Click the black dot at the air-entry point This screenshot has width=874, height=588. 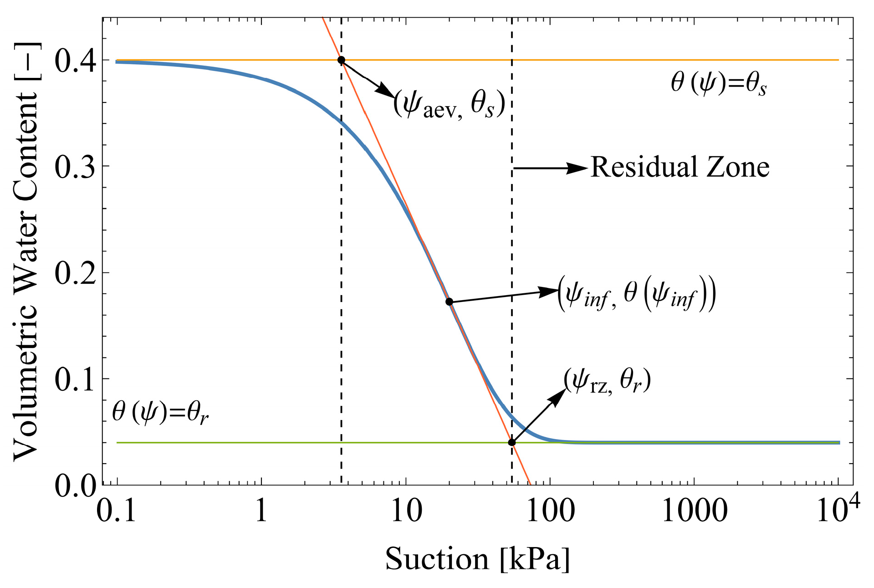click(341, 60)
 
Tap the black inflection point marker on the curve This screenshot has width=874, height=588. click(449, 302)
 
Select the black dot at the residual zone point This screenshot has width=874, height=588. click(512, 442)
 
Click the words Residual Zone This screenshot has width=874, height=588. click(680, 167)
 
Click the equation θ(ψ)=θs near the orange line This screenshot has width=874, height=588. click(719, 84)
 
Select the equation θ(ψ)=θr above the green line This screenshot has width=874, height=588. click(160, 413)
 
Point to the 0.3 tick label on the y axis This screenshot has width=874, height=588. click(75, 167)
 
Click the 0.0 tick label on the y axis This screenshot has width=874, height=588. click(75, 486)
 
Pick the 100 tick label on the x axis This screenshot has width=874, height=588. click(550, 511)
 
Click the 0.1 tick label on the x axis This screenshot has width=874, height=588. click(117, 511)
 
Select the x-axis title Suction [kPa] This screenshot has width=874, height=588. click(477, 558)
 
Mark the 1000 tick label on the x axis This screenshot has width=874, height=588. click(694, 511)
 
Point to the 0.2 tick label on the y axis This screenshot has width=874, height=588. click(75, 273)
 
